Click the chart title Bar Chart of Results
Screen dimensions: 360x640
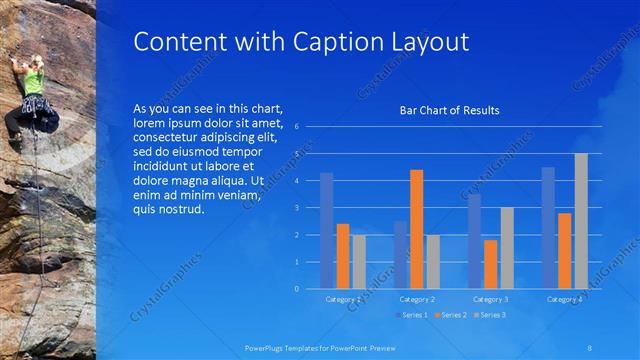449,110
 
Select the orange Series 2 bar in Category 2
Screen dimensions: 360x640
416,229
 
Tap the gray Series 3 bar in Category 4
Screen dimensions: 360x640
581,221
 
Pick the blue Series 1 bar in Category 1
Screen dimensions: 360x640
326,230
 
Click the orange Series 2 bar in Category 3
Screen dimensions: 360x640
490,264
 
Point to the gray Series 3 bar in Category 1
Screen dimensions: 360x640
359,261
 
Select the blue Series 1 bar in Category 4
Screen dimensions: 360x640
548,228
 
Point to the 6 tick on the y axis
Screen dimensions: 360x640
296,127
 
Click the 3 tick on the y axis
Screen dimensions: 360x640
296,208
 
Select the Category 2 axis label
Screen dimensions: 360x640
417,299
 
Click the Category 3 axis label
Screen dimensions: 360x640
491,299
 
